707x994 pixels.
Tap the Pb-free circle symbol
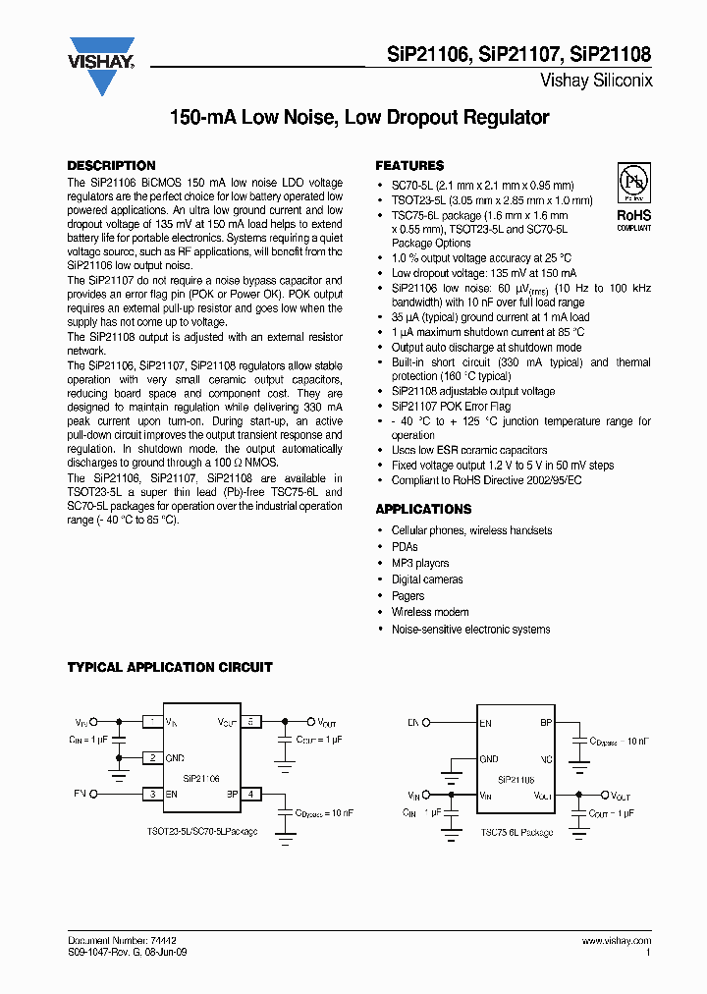point(633,183)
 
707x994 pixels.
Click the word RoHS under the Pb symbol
point(633,214)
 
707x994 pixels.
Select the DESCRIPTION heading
point(111,166)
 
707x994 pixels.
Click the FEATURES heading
point(409,166)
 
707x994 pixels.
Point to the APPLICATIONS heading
point(423,509)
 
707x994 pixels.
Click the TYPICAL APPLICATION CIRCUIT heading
point(169,667)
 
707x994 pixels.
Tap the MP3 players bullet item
point(420,563)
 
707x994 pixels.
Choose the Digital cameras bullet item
point(427,580)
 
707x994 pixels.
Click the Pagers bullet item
point(408,596)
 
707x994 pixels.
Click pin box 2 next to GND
point(152,757)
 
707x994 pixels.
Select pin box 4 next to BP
point(251,793)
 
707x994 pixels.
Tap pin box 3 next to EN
point(152,793)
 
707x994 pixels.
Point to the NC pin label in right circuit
point(546,759)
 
